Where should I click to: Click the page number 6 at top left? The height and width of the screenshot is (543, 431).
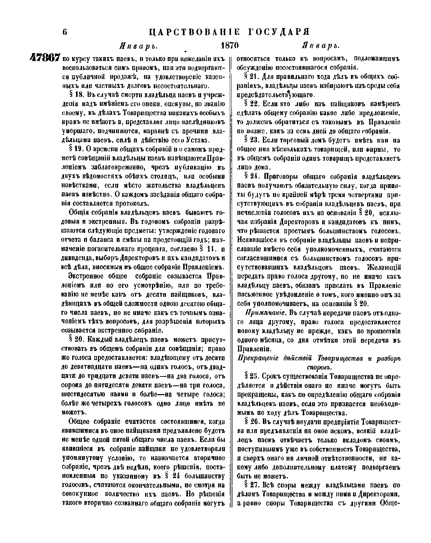point(65,32)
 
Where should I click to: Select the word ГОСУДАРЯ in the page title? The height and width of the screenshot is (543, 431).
point(279,32)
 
